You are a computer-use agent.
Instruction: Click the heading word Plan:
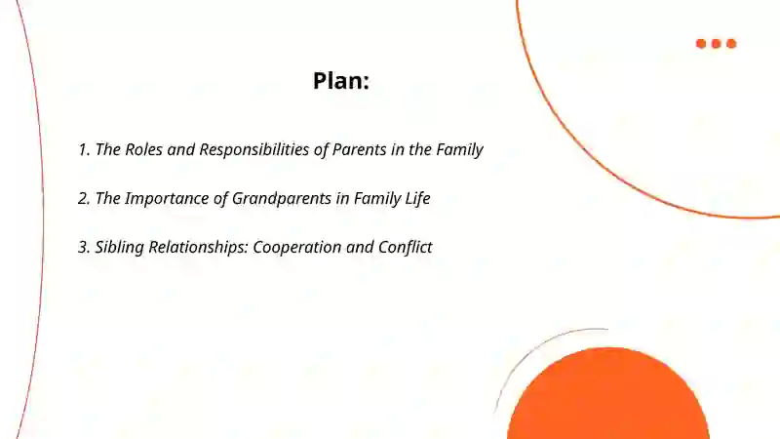(341, 81)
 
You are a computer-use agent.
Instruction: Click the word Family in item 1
(457, 150)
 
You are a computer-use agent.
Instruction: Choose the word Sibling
(121, 248)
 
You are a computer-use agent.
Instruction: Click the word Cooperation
(299, 248)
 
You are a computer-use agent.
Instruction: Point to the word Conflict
(404, 248)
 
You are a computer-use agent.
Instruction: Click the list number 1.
(83, 150)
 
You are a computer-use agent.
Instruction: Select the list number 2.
(84, 199)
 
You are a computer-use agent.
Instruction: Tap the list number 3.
(84, 248)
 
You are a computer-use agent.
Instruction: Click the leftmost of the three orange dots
(701, 44)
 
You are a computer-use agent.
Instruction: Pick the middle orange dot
(717, 44)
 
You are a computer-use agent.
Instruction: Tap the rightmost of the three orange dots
(731, 44)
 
